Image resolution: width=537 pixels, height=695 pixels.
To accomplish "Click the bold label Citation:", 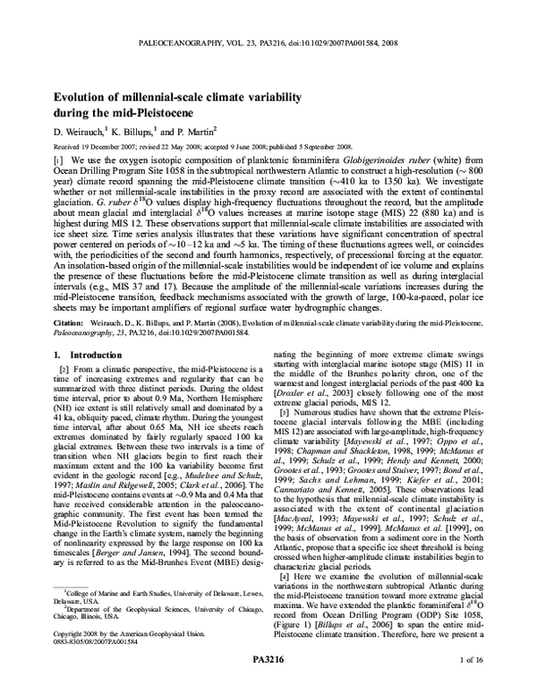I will click(x=71, y=320).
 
